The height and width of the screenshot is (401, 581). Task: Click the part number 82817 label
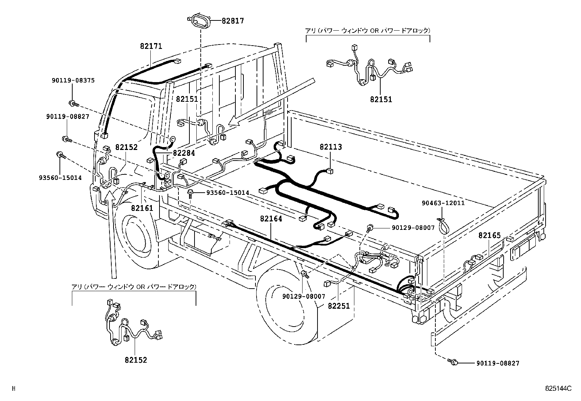[x=232, y=21]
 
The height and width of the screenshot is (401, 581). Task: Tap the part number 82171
[x=151, y=46]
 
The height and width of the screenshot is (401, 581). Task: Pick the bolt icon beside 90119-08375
[x=73, y=104]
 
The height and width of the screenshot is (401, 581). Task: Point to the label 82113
[x=331, y=147]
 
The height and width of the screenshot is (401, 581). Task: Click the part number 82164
[x=271, y=219]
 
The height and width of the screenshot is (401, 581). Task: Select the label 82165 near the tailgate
[x=489, y=235]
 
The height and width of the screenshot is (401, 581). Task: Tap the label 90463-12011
[x=443, y=203]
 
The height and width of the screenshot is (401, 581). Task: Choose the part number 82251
[x=338, y=306]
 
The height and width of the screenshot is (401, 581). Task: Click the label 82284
[x=184, y=153]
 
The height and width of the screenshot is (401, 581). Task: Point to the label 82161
[x=142, y=208]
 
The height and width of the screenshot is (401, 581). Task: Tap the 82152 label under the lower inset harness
[x=135, y=360]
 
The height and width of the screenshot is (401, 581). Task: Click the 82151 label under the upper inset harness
[x=381, y=99]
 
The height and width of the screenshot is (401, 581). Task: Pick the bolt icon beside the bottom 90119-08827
[x=454, y=362]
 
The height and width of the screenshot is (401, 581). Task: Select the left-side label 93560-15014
[x=60, y=178]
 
